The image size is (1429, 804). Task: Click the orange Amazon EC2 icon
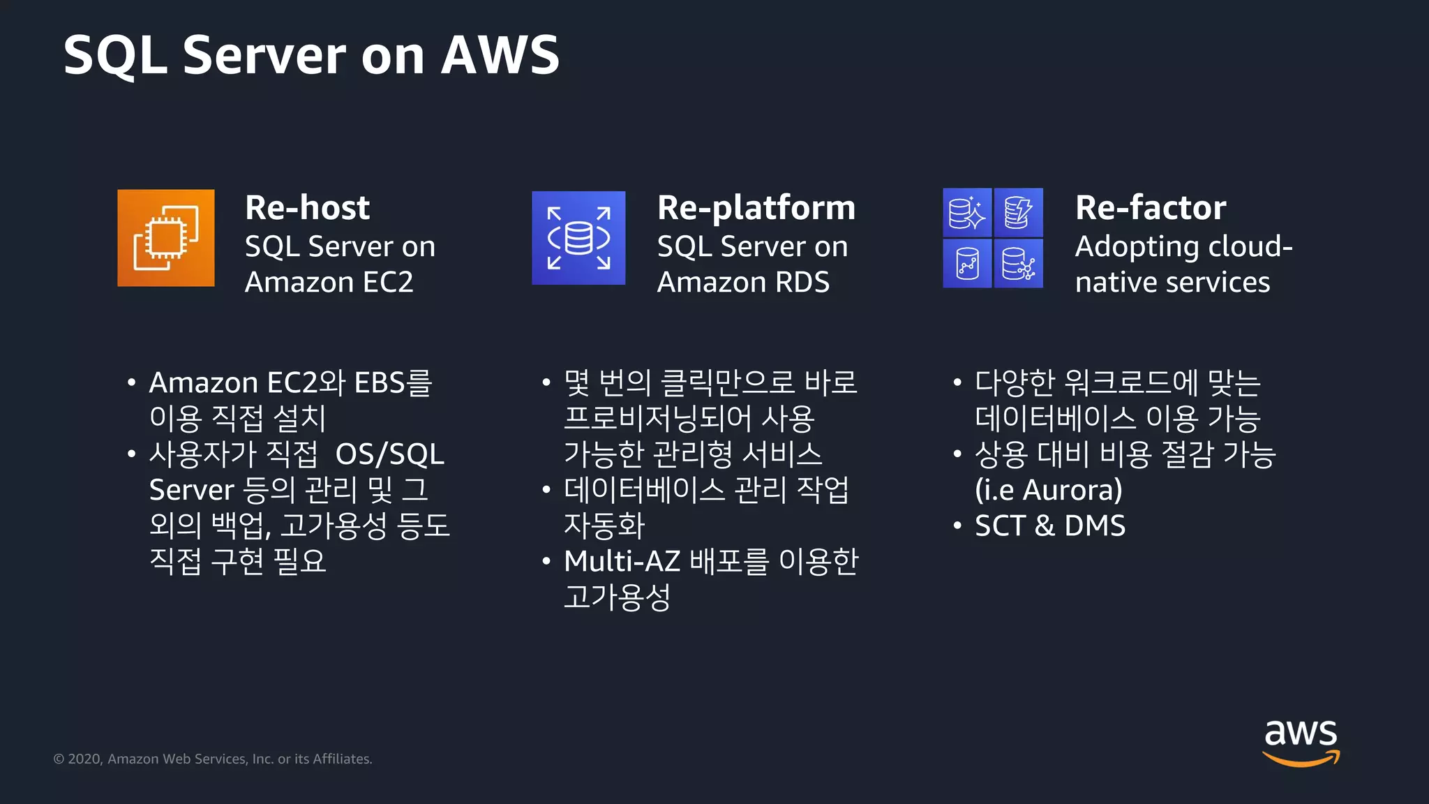click(x=165, y=238)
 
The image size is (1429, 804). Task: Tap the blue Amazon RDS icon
click(x=578, y=238)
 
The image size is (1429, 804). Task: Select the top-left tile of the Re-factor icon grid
click(x=966, y=212)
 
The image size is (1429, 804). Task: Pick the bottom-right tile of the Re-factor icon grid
click(x=1019, y=264)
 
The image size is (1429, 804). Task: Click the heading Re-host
click(x=307, y=207)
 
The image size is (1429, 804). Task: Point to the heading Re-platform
click(x=756, y=207)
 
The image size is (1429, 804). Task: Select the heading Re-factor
click(x=1150, y=207)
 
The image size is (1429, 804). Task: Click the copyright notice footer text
click(x=213, y=759)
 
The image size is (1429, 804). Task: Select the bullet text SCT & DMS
click(x=1049, y=526)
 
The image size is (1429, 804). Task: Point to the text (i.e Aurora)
click(x=1048, y=490)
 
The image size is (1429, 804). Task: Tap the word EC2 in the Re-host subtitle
click(x=388, y=282)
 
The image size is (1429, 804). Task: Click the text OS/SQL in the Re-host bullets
click(x=389, y=454)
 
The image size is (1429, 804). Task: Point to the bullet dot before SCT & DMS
click(x=957, y=526)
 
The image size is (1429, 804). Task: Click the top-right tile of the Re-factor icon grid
click(x=1019, y=212)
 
